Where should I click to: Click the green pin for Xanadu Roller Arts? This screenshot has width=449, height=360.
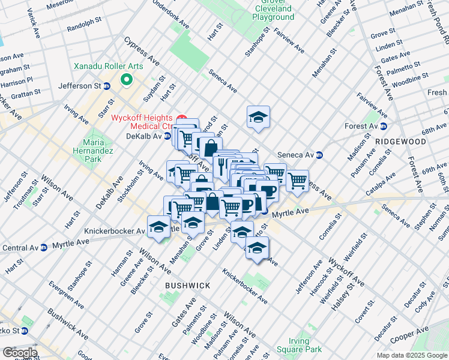point(126,79)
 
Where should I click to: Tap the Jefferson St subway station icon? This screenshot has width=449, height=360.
point(106,86)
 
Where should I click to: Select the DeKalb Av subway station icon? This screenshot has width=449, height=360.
point(168,136)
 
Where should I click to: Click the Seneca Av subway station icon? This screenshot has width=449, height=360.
point(319,155)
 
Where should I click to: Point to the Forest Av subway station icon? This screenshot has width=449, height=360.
point(382,127)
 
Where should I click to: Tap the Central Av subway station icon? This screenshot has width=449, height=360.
point(43,247)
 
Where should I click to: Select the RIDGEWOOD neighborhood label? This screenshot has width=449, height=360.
point(400,142)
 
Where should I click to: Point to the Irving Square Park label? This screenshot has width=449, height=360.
point(298,345)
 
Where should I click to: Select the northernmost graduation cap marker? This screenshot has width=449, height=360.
point(258,117)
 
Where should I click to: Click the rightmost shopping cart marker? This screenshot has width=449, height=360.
point(297,179)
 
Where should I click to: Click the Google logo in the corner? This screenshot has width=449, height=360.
point(20,353)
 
